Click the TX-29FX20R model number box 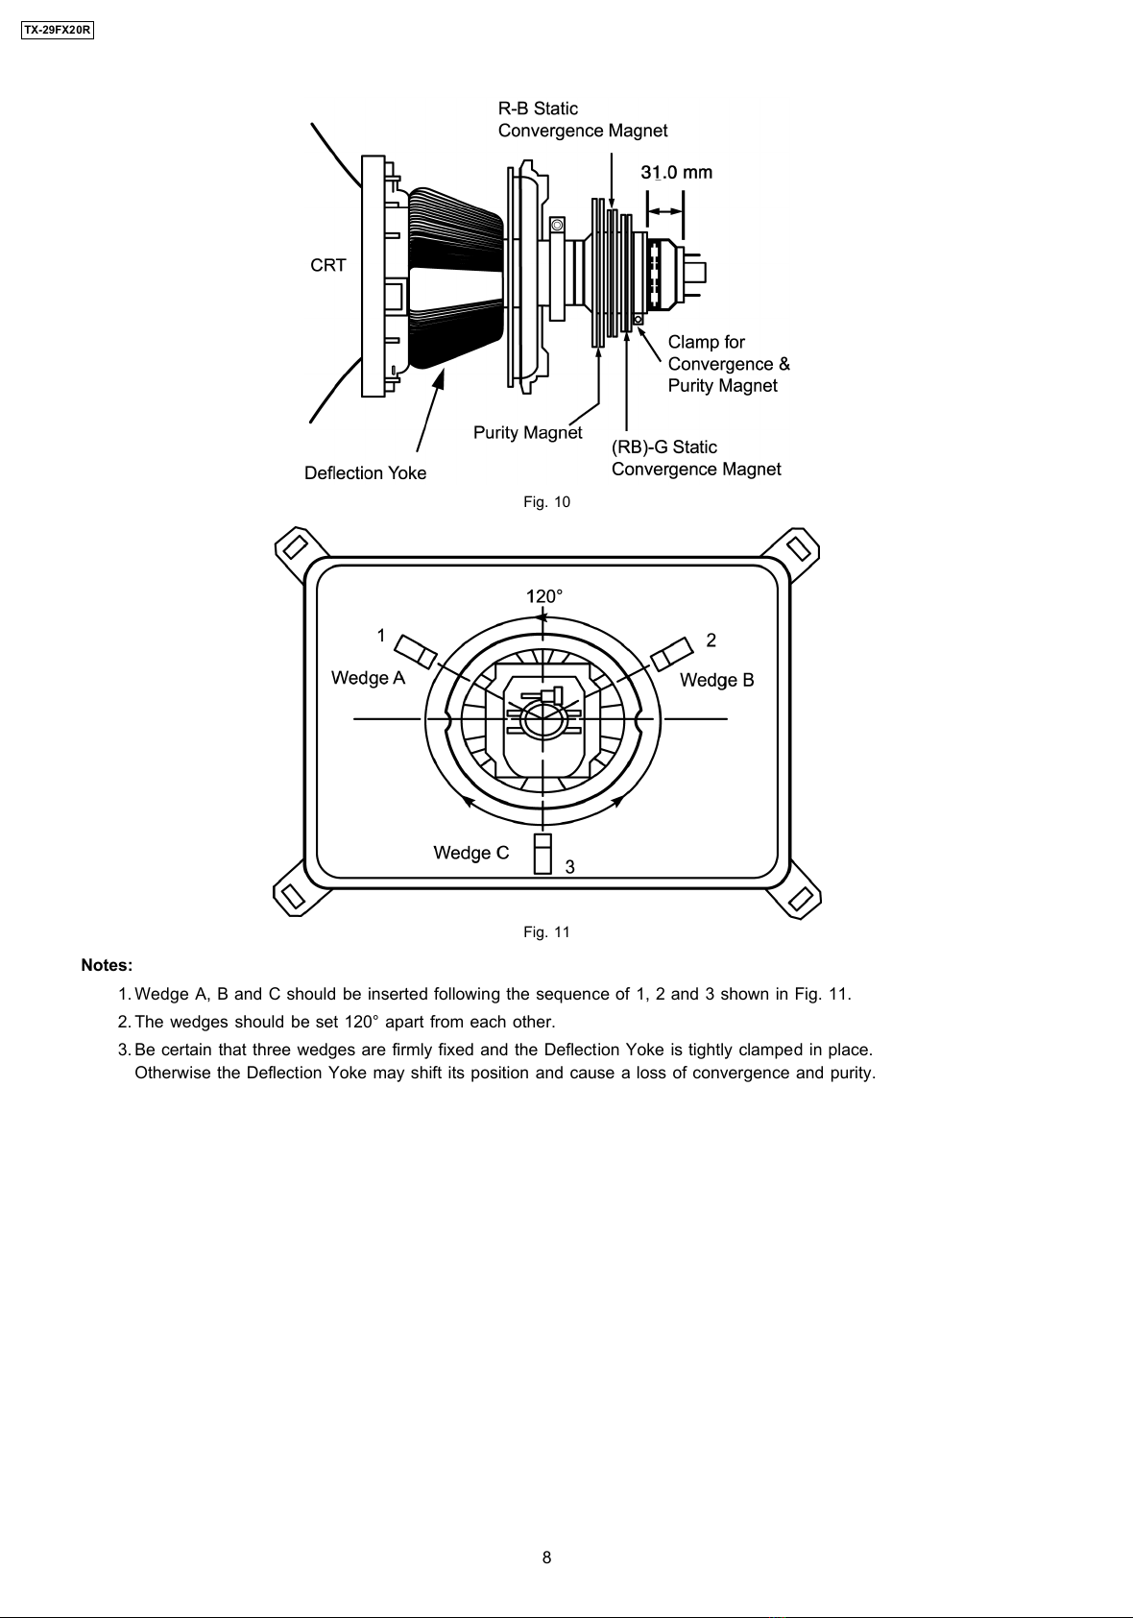tap(58, 31)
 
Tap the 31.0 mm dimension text tap(677, 172)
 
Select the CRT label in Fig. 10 tap(327, 265)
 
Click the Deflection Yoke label tap(366, 472)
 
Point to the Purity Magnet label tap(527, 432)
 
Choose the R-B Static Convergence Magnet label tap(583, 119)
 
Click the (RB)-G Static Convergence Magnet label tap(696, 458)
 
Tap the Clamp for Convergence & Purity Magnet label tap(729, 363)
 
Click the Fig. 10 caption tap(546, 502)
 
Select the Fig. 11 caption tap(546, 931)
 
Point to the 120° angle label tap(543, 596)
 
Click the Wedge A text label tap(369, 678)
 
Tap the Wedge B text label tap(717, 680)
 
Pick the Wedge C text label tap(470, 853)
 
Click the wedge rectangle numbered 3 tap(542, 854)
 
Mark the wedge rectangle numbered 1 tap(418, 652)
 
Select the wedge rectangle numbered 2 tap(671, 654)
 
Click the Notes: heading tap(107, 965)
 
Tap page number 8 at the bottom tap(546, 1558)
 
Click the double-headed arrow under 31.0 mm tap(665, 211)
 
